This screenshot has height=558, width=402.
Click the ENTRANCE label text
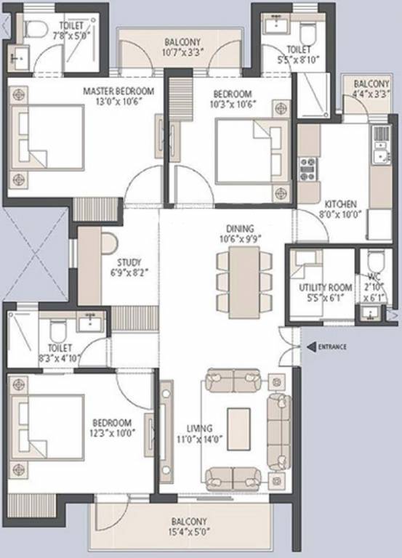click(332, 347)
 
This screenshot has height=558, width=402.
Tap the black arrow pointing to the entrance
click(311, 347)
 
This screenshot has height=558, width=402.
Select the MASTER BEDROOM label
click(118, 91)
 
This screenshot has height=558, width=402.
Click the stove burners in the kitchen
click(308, 169)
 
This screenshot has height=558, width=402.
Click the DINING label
click(239, 227)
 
